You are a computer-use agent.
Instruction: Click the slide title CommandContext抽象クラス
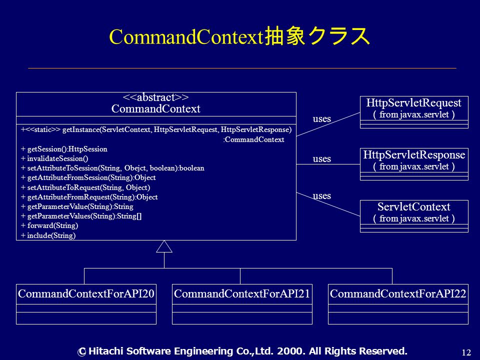click(239, 36)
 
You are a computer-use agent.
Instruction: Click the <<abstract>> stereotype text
click(156, 97)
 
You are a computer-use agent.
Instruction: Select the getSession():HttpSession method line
click(64, 149)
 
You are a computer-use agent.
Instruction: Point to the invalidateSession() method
click(54, 158)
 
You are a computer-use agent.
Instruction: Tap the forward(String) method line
click(49, 225)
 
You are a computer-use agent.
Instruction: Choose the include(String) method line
click(48, 235)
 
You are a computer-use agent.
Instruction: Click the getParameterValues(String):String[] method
click(81, 216)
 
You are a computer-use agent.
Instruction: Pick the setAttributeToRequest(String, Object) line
click(85, 187)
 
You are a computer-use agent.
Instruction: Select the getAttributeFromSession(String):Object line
click(88, 177)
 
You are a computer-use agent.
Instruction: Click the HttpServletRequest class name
click(414, 103)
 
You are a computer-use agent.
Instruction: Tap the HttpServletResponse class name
click(414, 155)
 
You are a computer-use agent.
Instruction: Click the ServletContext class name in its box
click(414, 206)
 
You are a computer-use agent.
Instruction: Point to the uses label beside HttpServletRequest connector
click(321, 119)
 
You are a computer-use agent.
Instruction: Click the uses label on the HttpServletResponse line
click(321, 159)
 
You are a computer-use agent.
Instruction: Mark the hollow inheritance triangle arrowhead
click(164, 246)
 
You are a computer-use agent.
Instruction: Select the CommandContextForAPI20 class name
click(86, 293)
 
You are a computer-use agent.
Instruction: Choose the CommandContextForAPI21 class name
click(242, 293)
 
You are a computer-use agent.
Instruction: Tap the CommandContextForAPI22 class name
click(398, 293)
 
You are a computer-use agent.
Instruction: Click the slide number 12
click(466, 352)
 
